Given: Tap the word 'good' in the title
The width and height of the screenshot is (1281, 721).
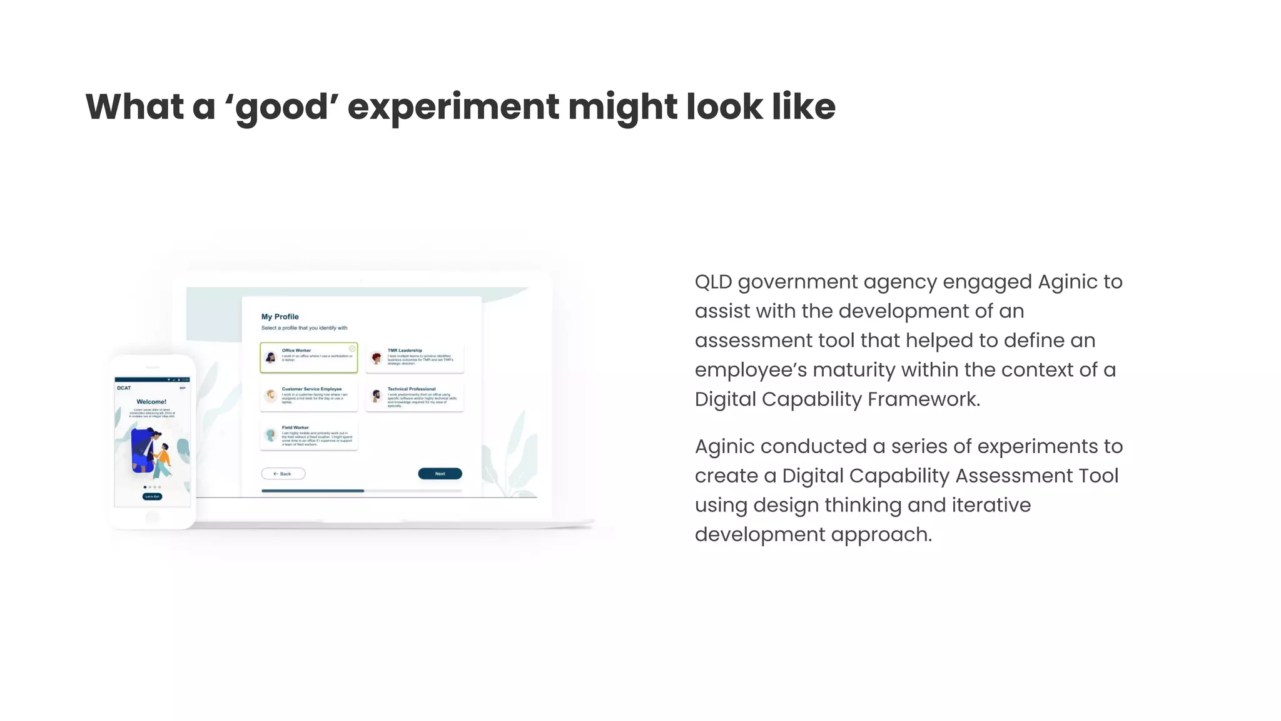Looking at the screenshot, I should click(x=282, y=107).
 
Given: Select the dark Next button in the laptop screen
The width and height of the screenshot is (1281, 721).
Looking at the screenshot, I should click(x=440, y=474).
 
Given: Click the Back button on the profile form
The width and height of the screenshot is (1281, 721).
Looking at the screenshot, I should click(x=283, y=474).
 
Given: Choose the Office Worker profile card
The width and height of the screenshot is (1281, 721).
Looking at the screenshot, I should click(x=309, y=357).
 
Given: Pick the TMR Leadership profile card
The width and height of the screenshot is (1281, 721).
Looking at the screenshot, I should click(x=415, y=357).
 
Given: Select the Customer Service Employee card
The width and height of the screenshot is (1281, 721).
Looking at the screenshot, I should click(x=309, y=396).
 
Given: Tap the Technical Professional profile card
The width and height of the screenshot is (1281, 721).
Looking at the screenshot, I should click(x=415, y=397).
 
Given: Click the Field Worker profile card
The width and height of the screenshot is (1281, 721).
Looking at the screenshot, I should click(x=309, y=436).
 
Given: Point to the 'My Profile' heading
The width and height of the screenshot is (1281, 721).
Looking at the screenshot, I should click(x=280, y=317).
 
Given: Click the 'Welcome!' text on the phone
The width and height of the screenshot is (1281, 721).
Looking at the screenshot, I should click(x=151, y=402).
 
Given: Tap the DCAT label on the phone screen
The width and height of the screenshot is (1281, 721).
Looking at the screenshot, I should click(x=124, y=388).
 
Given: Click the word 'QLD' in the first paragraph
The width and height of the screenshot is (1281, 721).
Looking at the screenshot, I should click(x=713, y=282).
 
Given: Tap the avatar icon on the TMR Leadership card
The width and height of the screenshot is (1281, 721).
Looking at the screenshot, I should click(x=377, y=358).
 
